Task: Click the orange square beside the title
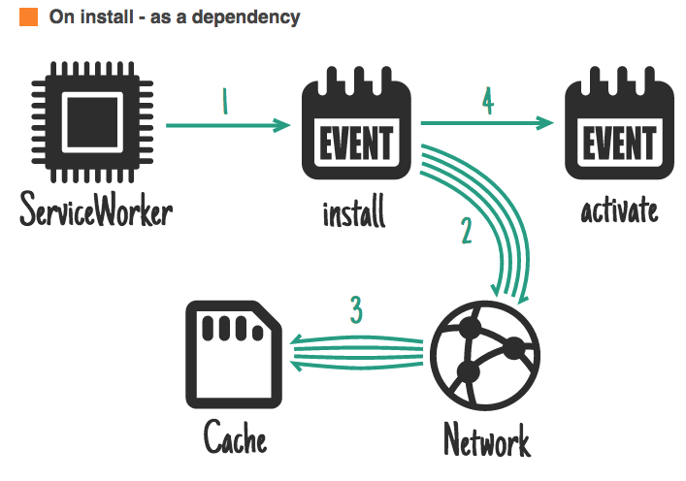pyautogui.click(x=29, y=17)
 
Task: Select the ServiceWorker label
pyautogui.click(x=95, y=209)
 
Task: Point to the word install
pyautogui.click(x=354, y=210)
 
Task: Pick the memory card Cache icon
pyautogui.click(x=233, y=353)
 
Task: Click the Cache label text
pyautogui.click(x=235, y=437)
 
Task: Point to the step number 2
pyautogui.click(x=466, y=231)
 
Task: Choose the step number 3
pyautogui.click(x=356, y=311)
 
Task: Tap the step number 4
pyautogui.click(x=487, y=101)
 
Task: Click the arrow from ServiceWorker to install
pyautogui.click(x=229, y=125)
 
